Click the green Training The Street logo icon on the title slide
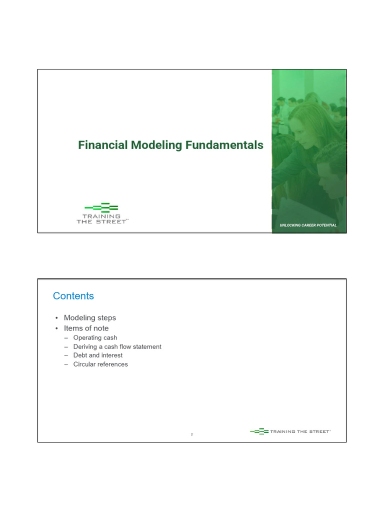(101, 207)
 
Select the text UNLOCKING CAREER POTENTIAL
(308, 225)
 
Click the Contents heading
(73, 296)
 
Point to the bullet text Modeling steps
(90, 317)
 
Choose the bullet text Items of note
(86, 328)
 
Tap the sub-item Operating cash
(95, 338)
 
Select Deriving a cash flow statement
(117, 346)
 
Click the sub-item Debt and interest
(97, 355)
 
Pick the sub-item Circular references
(100, 364)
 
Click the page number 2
(192, 434)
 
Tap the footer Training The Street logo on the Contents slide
(290, 431)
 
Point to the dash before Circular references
(65, 364)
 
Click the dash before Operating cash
(65, 338)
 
